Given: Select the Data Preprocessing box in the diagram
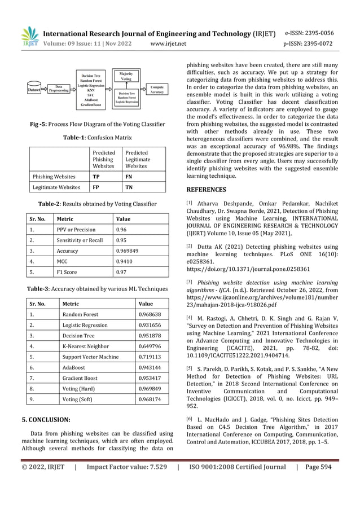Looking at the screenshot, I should click(59, 89).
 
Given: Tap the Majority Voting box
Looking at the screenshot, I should click(126, 77).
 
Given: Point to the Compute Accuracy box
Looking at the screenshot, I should click(157, 89).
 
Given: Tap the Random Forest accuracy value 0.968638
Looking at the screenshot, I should click(149, 314).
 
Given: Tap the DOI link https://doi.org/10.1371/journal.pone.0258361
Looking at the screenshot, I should click(246, 270).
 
